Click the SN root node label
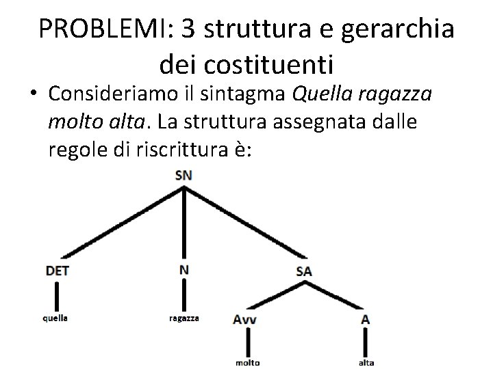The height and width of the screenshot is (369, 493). pyautogui.click(x=184, y=175)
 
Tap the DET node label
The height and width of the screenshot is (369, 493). pyautogui.click(x=57, y=271)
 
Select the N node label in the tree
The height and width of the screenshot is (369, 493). pyautogui.click(x=184, y=270)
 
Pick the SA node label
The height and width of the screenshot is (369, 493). pyautogui.click(x=305, y=271)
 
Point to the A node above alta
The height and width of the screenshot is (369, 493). pyautogui.click(x=366, y=318)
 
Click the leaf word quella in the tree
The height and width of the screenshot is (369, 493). pyautogui.click(x=55, y=318)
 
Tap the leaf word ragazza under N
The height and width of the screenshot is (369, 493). pyautogui.click(x=184, y=318)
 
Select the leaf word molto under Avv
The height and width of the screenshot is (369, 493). pyautogui.click(x=247, y=363)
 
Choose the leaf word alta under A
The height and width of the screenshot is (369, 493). pyautogui.click(x=366, y=363)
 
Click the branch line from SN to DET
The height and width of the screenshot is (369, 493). pyautogui.click(x=120, y=223)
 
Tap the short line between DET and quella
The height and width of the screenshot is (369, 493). pyautogui.click(x=55, y=295)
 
